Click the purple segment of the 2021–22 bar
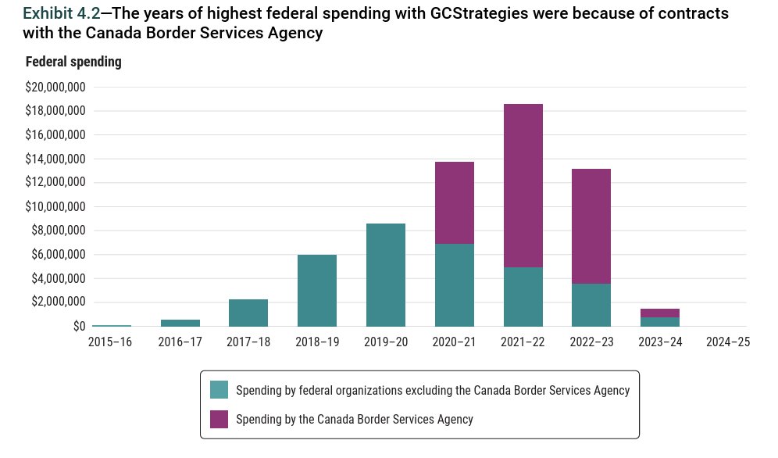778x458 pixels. pyautogui.click(x=523, y=185)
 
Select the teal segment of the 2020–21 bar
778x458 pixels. pyautogui.click(x=454, y=284)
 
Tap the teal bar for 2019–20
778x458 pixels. pyautogui.click(x=386, y=274)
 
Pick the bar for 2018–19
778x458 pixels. pyautogui.click(x=317, y=290)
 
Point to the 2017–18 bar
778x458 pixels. pyautogui.click(x=248, y=313)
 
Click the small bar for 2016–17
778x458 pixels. pyautogui.click(x=180, y=323)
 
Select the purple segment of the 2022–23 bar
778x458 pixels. pyautogui.click(x=591, y=226)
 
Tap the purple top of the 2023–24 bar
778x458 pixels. pyautogui.click(x=659, y=313)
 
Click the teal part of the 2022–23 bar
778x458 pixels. pyautogui.click(x=591, y=305)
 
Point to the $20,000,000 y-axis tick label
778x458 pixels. pyautogui.click(x=55, y=87)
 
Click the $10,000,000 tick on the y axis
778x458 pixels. pyautogui.click(x=55, y=206)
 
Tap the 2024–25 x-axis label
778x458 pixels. pyautogui.click(x=727, y=342)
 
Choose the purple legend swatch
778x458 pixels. pyautogui.click(x=219, y=419)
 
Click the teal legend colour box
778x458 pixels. pyautogui.click(x=219, y=389)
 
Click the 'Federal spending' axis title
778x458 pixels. pyautogui.click(x=73, y=62)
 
